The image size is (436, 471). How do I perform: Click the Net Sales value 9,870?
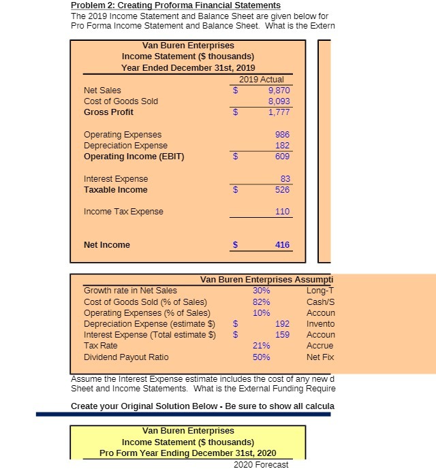(279, 90)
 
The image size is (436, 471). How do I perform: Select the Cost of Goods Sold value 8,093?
(279, 101)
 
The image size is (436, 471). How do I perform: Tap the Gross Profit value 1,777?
(279, 112)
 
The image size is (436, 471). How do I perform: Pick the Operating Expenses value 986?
(282, 135)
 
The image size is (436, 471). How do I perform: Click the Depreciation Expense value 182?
(282, 146)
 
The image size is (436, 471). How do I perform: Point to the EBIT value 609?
(282, 157)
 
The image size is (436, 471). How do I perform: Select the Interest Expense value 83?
(284, 179)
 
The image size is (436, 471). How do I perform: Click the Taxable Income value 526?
(282, 190)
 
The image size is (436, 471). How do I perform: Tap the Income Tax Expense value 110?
(282, 212)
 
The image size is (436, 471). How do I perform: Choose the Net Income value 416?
(282, 245)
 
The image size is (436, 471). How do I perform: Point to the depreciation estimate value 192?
(282, 324)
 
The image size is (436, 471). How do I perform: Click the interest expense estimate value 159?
(282, 335)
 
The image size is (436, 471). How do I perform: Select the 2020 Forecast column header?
(261, 465)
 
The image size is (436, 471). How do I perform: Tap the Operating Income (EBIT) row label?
(134, 157)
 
